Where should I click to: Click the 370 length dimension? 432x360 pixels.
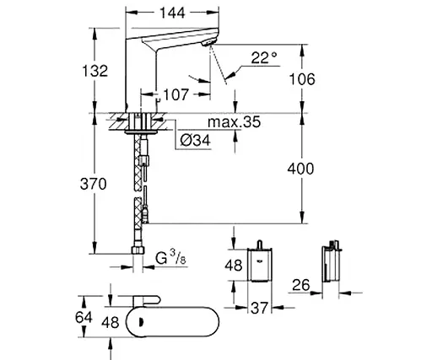coord(99,184)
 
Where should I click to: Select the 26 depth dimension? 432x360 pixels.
coord(301,285)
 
